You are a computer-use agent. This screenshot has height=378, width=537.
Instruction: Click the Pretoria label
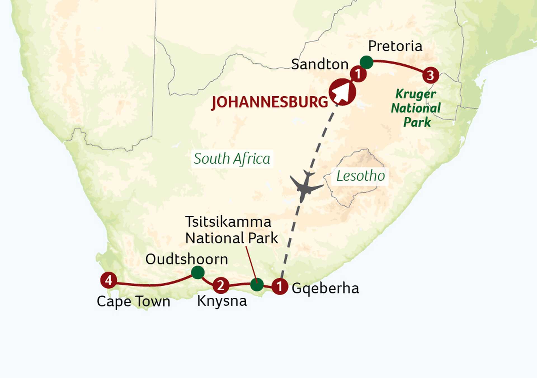tap(395, 46)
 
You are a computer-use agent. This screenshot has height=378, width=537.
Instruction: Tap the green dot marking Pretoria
tap(366, 62)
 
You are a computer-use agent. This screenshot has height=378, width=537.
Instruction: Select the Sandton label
tap(320, 64)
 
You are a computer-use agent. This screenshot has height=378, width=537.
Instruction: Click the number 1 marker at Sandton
tap(358, 74)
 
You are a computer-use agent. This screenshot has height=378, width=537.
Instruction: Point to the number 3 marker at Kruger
tap(430, 75)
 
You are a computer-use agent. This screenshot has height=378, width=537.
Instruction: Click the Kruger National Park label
tap(416, 108)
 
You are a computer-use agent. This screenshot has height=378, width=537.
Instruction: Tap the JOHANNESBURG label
tap(270, 102)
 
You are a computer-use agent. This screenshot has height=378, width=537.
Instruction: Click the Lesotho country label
tap(360, 176)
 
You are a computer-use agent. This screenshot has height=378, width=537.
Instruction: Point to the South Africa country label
tap(232, 159)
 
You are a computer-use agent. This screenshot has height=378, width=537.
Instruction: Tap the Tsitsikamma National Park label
tap(231, 230)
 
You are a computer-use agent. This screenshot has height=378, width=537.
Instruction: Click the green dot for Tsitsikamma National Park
tap(257, 285)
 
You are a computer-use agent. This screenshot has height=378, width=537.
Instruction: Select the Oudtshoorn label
tap(187, 259)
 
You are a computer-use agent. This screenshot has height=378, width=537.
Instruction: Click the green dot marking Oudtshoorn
tap(198, 272)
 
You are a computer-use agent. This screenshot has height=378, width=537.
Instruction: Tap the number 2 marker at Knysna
tap(221, 285)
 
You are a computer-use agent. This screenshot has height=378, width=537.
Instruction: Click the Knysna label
tap(222, 301)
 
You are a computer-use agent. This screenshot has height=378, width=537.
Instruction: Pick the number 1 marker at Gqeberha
tap(279, 286)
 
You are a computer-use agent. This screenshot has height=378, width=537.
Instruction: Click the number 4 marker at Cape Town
tap(109, 280)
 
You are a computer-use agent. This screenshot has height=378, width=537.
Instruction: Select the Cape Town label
tap(133, 302)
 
